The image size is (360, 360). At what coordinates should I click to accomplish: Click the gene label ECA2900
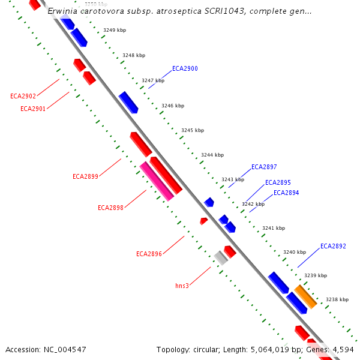point(185,69)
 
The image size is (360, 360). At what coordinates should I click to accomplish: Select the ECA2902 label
point(23,96)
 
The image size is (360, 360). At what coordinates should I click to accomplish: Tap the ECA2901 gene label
point(33,109)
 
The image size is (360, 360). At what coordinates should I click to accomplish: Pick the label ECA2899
point(85,177)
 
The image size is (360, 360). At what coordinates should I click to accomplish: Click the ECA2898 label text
point(110,208)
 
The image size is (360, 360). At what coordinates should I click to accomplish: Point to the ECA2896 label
point(149,254)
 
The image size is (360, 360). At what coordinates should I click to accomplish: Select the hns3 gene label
point(182,286)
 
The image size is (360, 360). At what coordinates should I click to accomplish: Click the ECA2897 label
point(264,167)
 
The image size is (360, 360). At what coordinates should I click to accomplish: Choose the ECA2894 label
point(286,193)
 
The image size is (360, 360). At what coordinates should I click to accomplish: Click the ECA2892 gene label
point(333,247)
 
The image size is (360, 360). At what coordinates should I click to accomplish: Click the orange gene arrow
point(305,296)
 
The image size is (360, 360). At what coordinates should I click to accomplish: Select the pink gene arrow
point(157,181)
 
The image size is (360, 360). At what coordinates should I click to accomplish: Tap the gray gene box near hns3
point(221,258)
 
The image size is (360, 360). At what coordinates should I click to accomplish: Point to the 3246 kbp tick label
point(173,106)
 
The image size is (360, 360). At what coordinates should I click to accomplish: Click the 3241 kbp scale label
point(274,229)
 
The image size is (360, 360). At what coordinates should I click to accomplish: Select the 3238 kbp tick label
point(337,299)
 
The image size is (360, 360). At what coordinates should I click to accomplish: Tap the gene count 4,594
point(342,349)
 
